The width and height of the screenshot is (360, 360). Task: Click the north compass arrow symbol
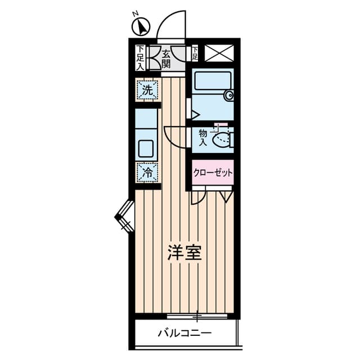point(141,26)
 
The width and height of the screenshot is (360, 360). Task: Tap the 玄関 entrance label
point(166,59)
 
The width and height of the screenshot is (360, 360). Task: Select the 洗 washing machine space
point(147,89)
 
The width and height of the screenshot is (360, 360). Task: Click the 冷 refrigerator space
point(147,172)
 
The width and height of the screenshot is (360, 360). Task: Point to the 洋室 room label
point(184,253)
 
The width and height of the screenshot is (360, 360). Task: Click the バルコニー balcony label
point(184,333)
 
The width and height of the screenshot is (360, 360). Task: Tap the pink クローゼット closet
point(213,173)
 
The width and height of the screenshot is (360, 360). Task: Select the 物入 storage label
point(203,137)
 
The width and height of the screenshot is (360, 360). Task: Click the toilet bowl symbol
point(222,139)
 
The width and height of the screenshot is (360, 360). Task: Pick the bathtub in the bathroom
point(213,81)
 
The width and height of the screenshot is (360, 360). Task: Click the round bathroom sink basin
point(229,95)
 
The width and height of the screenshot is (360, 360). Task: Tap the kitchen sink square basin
point(146,148)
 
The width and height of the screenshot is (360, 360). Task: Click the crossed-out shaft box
point(219,53)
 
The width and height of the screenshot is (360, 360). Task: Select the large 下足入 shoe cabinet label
point(140,57)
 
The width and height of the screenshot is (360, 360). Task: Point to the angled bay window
point(124,217)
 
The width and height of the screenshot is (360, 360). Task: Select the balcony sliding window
point(197,316)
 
